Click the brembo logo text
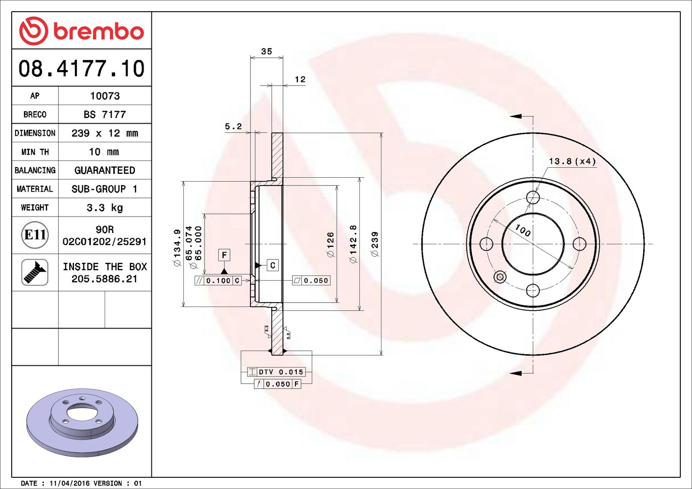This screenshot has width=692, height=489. click(98, 32)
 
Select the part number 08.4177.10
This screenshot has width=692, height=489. click(81, 69)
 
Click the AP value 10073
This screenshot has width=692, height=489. click(105, 96)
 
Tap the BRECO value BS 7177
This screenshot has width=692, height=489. click(105, 115)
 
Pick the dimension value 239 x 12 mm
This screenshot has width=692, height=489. click(105, 133)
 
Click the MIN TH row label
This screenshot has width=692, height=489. click(35, 152)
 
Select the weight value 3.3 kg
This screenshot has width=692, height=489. click(105, 208)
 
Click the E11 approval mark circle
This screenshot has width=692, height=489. click(35, 235)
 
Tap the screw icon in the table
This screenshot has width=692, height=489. click(35, 272)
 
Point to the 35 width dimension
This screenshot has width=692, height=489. click(266, 51)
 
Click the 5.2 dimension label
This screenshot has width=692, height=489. click(233, 126)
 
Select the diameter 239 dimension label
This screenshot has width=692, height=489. click(375, 244)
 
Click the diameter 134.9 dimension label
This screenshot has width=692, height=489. click(177, 247)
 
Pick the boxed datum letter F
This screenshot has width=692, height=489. click(224, 255)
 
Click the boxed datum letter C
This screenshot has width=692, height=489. click(272, 265)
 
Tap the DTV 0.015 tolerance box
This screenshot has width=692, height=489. click(277, 372)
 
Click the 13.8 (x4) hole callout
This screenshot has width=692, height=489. click(572, 161)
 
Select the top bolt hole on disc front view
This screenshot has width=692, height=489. click(533, 198)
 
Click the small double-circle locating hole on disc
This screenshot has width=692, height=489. click(500, 277)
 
